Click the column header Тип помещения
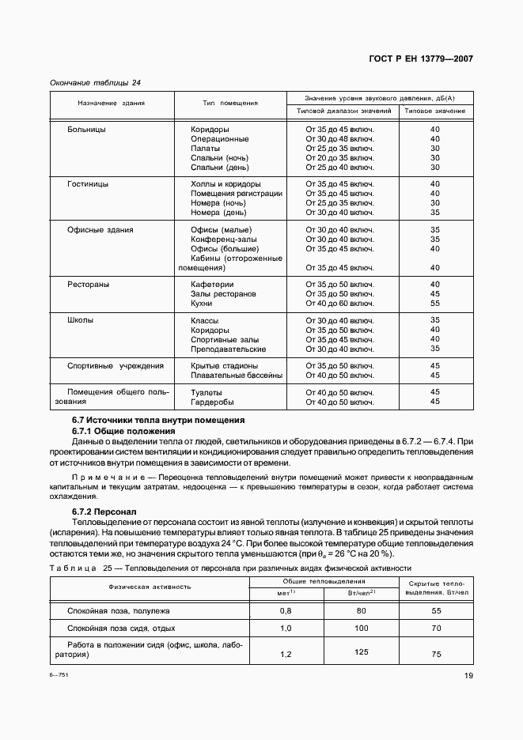tap(229, 104)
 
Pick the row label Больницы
tap(87, 129)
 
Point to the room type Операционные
tap(220, 138)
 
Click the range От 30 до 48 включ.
tap(339, 138)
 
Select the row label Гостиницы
tap(89, 184)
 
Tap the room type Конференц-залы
tap(224, 239)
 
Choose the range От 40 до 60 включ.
tap(339, 303)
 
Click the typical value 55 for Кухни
tap(434, 303)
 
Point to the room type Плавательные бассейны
tap(237, 376)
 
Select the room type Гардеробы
tap(211, 402)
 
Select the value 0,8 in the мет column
tap(286, 611)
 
